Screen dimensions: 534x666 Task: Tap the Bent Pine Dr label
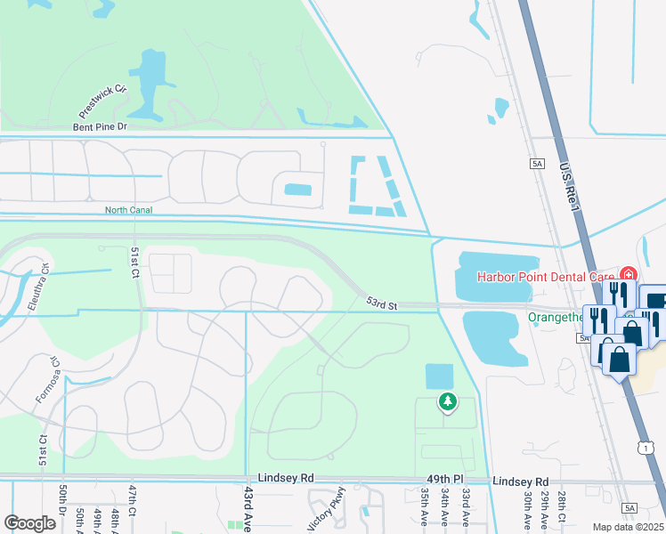coord(101,127)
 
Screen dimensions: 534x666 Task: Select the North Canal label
coord(129,210)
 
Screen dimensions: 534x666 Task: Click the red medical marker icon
coord(629,274)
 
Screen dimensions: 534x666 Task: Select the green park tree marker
coord(447,402)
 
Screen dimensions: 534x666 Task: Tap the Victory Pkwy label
coord(326,509)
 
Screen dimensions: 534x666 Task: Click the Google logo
coord(29,523)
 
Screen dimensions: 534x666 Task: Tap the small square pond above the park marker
coord(439,376)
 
